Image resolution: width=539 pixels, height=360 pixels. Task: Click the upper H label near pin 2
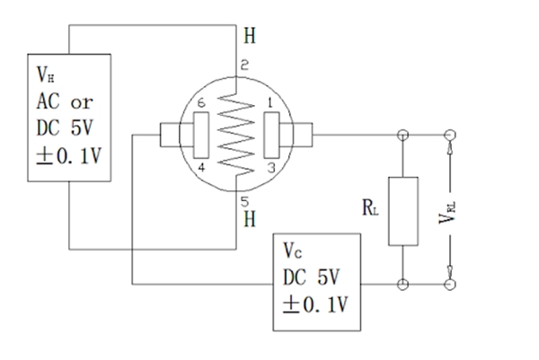249,37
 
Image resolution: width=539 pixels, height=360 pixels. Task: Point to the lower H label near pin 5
249,217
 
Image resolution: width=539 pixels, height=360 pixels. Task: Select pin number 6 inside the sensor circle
201,104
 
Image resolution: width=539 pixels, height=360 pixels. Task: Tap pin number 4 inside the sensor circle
201,168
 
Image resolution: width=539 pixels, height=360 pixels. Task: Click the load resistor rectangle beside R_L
401,211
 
